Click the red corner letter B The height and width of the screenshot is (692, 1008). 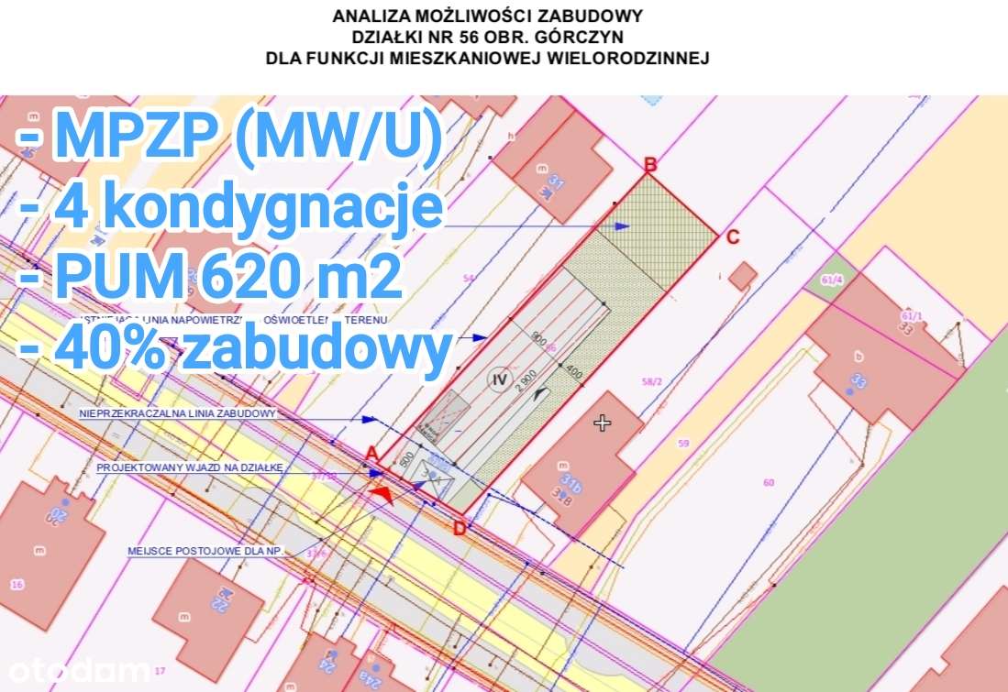point(650,165)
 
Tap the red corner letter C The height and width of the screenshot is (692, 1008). point(732,237)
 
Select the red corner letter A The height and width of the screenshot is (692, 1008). point(371,453)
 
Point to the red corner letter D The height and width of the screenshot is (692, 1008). point(460,527)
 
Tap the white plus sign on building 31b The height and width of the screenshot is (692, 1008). point(602,423)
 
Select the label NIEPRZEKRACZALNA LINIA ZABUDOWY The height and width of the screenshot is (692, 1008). point(177,413)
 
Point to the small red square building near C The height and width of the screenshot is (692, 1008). point(744,275)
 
